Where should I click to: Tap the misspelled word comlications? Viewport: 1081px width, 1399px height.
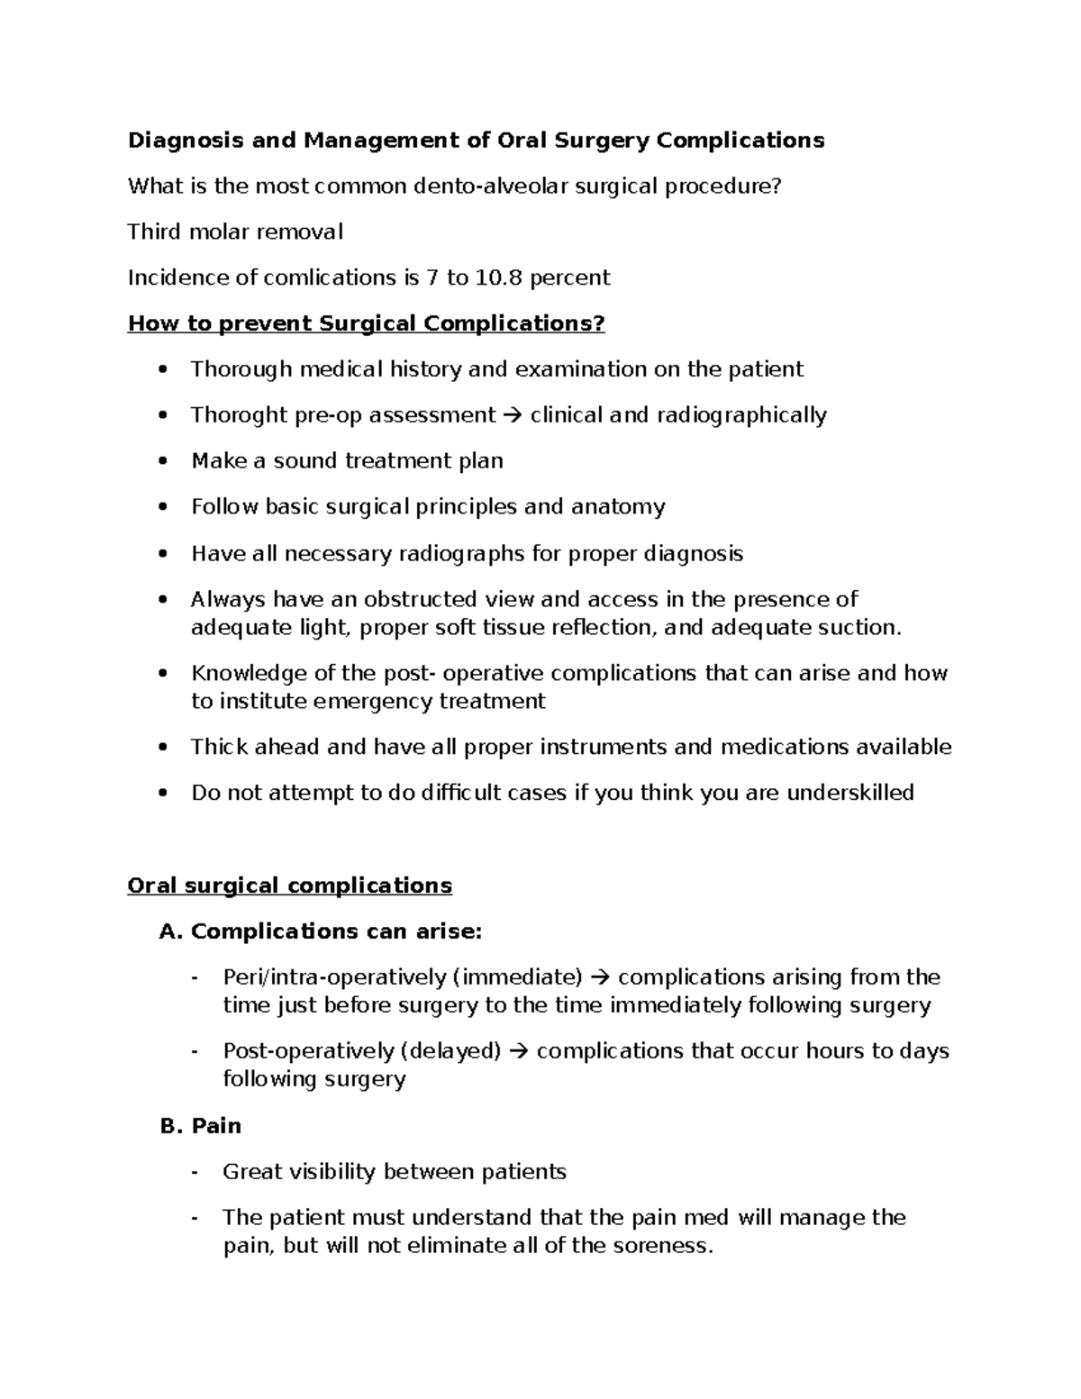tap(328, 277)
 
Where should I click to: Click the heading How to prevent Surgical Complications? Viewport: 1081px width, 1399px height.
tap(366, 323)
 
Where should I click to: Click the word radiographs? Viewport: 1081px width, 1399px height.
tap(461, 553)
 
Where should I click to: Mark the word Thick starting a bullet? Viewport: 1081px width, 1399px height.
tap(219, 747)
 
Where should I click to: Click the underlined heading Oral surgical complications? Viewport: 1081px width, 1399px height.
tap(289, 886)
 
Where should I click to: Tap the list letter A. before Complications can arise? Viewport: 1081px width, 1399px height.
tap(171, 931)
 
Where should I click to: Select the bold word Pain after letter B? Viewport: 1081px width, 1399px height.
tap(216, 1126)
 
